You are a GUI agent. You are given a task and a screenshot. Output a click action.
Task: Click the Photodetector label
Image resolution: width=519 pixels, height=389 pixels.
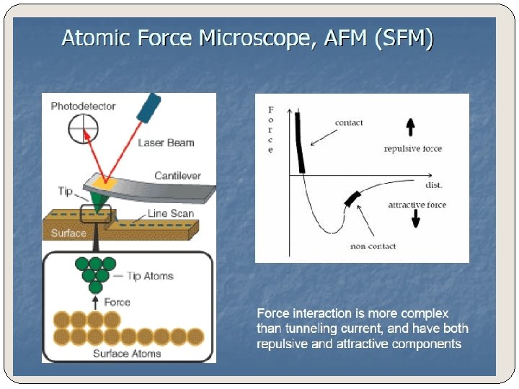click(83, 107)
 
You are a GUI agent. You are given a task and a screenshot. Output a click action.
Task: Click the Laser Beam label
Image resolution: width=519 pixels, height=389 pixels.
click(166, 143)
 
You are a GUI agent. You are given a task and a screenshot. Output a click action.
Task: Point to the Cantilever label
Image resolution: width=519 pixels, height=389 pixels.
click(177, 176)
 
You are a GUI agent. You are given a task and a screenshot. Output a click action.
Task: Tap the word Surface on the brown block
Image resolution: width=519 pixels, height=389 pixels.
click(68, 233)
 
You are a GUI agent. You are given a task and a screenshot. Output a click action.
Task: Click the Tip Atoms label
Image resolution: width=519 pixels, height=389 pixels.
click(150, 276)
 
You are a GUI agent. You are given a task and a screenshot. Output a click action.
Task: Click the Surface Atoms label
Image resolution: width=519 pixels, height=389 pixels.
click(120, 354)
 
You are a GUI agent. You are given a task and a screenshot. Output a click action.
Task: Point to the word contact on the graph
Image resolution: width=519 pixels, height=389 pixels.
click(349, 123)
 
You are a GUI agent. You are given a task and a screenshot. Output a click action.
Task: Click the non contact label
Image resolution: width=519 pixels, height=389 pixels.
click(373, 246)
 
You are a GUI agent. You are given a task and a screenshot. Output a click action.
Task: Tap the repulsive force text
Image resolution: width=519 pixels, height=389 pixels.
click(413, 149)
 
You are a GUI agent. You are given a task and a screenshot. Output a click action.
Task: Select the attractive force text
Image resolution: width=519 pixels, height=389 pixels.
click(417, 205)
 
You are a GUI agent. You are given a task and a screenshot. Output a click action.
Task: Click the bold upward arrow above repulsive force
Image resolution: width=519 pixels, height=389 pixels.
click(410, 128)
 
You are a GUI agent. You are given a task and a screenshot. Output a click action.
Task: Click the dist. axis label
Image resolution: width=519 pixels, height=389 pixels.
click(434, 185)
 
